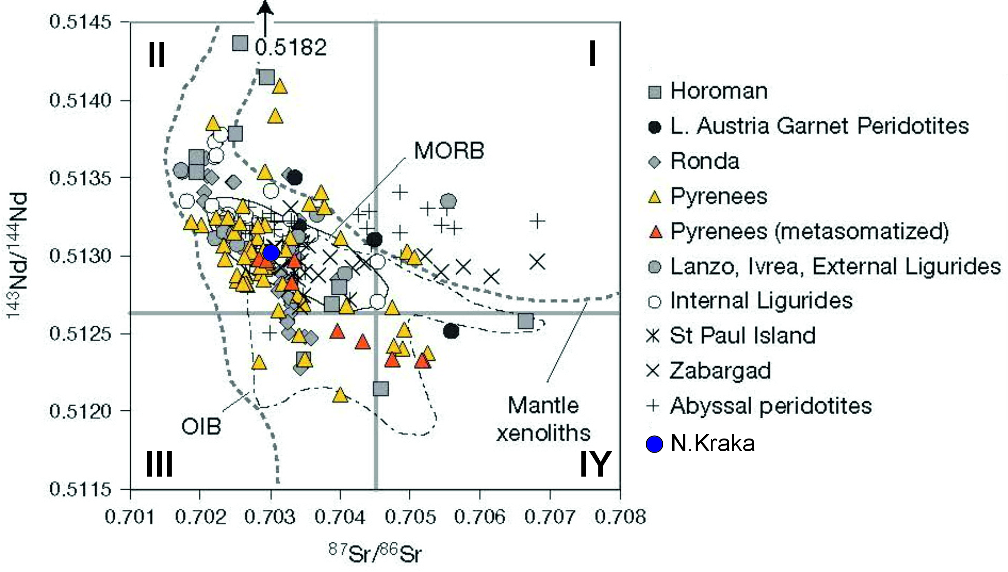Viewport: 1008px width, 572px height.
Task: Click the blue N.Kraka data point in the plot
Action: tap(271, 253)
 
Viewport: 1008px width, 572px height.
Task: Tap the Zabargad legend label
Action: tap(720, 371)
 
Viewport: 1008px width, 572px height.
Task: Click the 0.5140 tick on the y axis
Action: tap(80, 100)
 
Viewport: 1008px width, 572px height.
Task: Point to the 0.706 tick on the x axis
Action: tap(479, 517)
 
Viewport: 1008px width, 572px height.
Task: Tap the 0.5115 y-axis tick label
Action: tap(80, 489)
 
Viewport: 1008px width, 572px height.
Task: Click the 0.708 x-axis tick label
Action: tap(620, 517)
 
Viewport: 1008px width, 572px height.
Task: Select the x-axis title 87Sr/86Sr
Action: tap(375, 553)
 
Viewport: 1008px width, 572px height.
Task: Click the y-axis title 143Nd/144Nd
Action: tap(18, 255)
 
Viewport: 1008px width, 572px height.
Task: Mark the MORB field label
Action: tap(449, 151)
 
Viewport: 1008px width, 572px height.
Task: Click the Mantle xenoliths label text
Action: tap(543, 419)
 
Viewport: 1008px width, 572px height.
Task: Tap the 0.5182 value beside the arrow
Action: tap(291, 47)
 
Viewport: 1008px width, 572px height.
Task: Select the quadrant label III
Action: tap(159, 464)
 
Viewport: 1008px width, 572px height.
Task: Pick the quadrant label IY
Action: tap(595, 464)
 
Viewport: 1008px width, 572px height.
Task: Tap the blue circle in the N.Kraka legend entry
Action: tap(654, 444)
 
